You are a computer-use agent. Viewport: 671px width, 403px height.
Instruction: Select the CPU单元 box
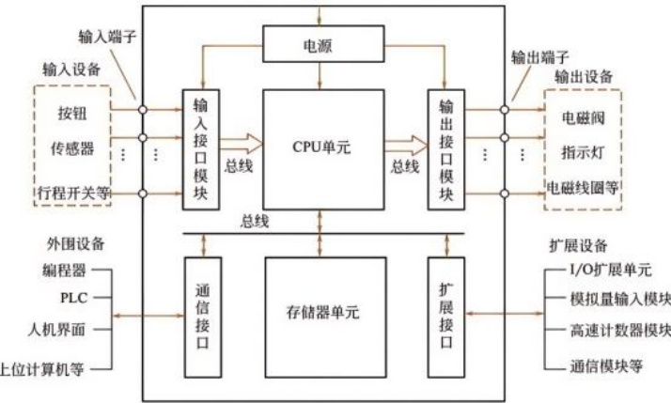tap(323, 147)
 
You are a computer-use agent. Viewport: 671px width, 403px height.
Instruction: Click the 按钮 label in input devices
tap(72, 116)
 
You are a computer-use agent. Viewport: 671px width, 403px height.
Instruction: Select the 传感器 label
tap(72, 148)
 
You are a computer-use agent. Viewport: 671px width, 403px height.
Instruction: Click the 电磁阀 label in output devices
tap(582, 117)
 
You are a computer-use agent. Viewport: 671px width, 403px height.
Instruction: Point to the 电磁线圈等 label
tap(584, 187)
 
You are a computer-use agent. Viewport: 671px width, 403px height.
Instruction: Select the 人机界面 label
tap(58, 331)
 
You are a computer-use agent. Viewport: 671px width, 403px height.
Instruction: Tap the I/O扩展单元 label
tap(610, 271)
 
